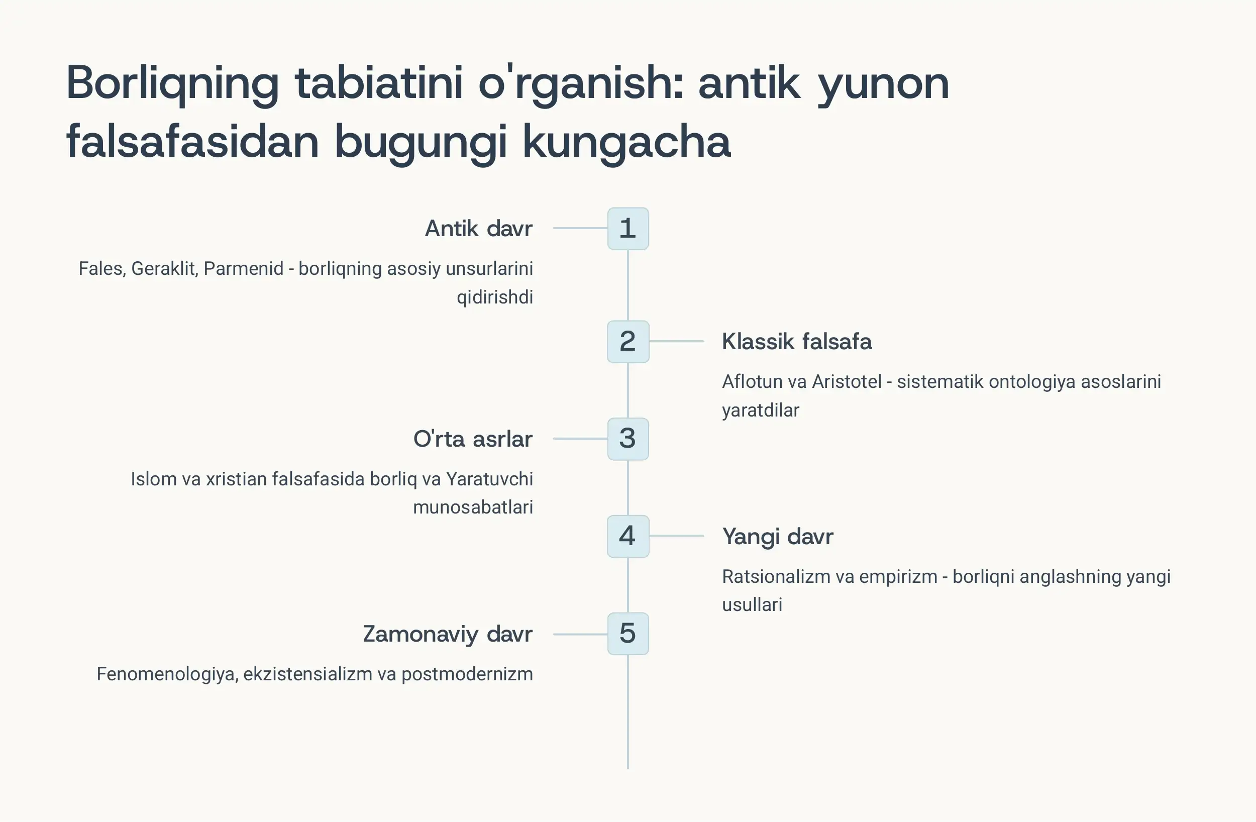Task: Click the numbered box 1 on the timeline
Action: click(x=627, y=229)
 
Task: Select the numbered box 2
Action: click(x=627, y=342)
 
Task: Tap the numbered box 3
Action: click(x=627, y=439)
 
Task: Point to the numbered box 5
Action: click(x=627, y=634)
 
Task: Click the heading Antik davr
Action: click(x=478, y=229)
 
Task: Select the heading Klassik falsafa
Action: click(x=796, y=342)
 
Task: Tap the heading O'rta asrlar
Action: click(x=472, y=439)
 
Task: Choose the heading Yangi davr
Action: click(x=777, y=537)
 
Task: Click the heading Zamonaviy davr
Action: click(x=448, y=634)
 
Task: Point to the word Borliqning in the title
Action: click(x=172, y=83)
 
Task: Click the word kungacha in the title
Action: click(x=626, y=142)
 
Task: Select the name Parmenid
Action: click(x=243, y=269)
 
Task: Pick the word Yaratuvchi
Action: click(x=489, y=479)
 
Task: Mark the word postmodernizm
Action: click(x=467, y=674)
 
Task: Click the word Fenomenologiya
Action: click(x=166, y=674)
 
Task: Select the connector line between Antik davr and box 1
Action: click(x=580, y=228)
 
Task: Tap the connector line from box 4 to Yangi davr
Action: click(x=677, y=536)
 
